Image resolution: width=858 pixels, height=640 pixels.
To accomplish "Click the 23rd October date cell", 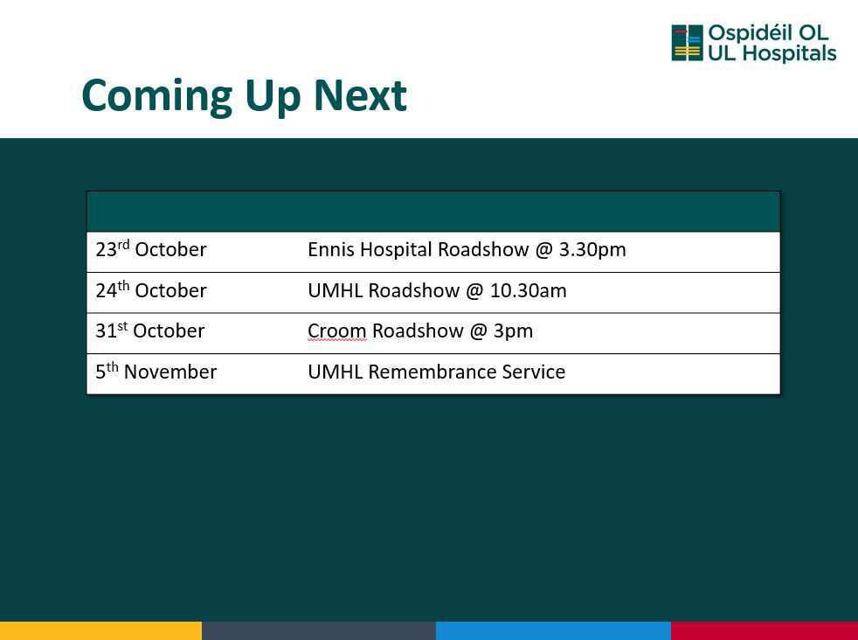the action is pyautogui.click(x=151, y=249).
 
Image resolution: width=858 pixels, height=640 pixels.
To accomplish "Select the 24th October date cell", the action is pyautogui.click(x=151, y=289).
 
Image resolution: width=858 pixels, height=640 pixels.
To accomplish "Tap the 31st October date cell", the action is pyautogui.click(x=150, y=330).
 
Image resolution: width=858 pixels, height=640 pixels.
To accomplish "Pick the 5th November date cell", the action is pyautogui.click(x=156, y=372).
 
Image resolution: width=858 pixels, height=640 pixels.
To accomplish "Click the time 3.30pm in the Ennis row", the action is pyautogui.click(x=592, y=250).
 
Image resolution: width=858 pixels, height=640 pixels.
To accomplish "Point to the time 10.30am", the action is pyautogui.click(x=528, y=290).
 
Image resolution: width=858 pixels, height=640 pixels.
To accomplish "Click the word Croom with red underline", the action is pyautogui.click(x=337, y=330).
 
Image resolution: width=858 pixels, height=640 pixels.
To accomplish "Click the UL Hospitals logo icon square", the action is pyautogui.click(x=688, y=43).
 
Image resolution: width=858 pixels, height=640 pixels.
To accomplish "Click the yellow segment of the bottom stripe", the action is pyautogui.click(x=100, y=630).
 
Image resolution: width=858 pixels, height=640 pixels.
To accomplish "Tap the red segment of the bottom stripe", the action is pyautogui.click(x=765, y=630).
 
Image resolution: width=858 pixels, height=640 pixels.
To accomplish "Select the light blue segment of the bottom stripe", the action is pyautogui.click(x=553, y=630).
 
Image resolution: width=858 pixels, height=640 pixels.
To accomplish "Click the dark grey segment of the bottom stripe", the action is pyautogui.click(x=319, y=630).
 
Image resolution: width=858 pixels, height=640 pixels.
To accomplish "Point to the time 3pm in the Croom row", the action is pyautogui.click(x=513, y=331).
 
